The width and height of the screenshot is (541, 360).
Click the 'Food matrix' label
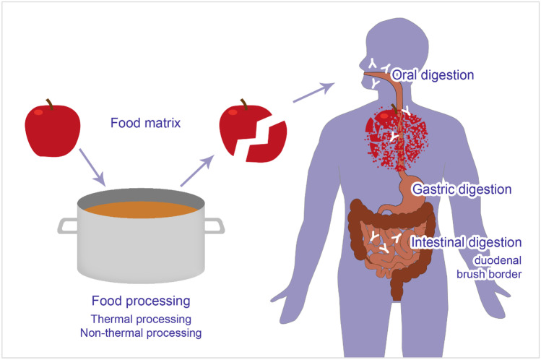pyautogui.click(x=145, y=122)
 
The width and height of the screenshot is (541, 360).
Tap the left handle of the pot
pyautogui.click(x=69, y=226)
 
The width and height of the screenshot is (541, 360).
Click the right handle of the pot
pyautogui.click(x=213, y=226)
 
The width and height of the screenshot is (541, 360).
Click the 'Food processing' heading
pyautogui.click(x=140, y=300)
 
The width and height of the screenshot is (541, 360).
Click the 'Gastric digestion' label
pyautogui.click(x=462, y=189)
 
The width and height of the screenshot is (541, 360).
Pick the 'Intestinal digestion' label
pyautogui.click(x=466, y=242)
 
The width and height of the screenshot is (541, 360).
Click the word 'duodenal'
pyautogui.click(x=498, y=259)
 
